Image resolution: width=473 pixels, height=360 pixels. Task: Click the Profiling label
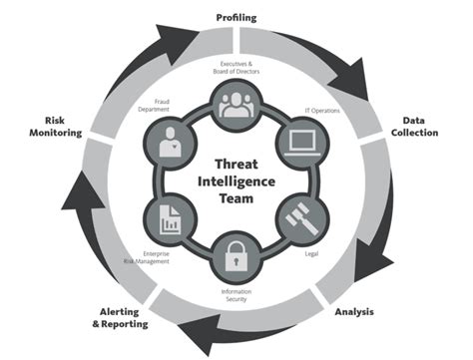pyautogui.click(x=237, y=18)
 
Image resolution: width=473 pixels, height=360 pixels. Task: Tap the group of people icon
pyautogui.click(x=236, y=104)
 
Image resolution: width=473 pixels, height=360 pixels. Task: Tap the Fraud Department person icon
pyautogui.click(x=169, y=142)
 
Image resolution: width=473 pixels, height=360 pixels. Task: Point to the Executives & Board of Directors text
pyautogui.click(x=237, y=69)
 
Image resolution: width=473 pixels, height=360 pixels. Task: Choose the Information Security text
pyautogui.click(x=237, y=295)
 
